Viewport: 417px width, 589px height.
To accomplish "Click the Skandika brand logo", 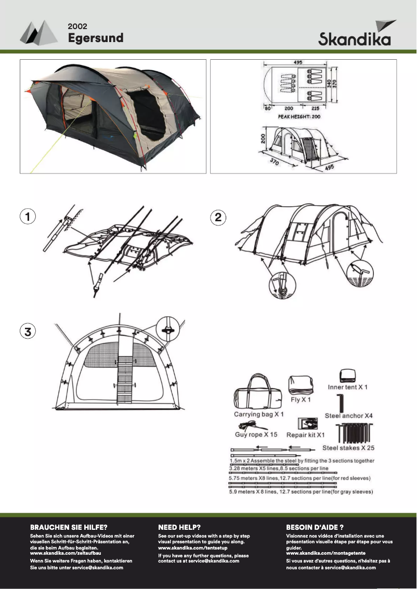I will point(357,34).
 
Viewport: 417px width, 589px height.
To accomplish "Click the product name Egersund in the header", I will point(96,38).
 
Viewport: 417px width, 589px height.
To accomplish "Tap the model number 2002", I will point(77,25).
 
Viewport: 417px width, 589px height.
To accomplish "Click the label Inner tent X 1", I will point(348,387).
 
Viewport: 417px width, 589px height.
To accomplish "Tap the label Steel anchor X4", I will point(349,416).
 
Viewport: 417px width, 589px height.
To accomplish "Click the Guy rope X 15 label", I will point(256,434).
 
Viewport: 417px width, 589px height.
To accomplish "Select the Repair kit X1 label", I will point(306,435).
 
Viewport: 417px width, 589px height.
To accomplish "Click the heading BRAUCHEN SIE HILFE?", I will point(69,527).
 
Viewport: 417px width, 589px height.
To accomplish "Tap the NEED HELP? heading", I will point(179,527).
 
